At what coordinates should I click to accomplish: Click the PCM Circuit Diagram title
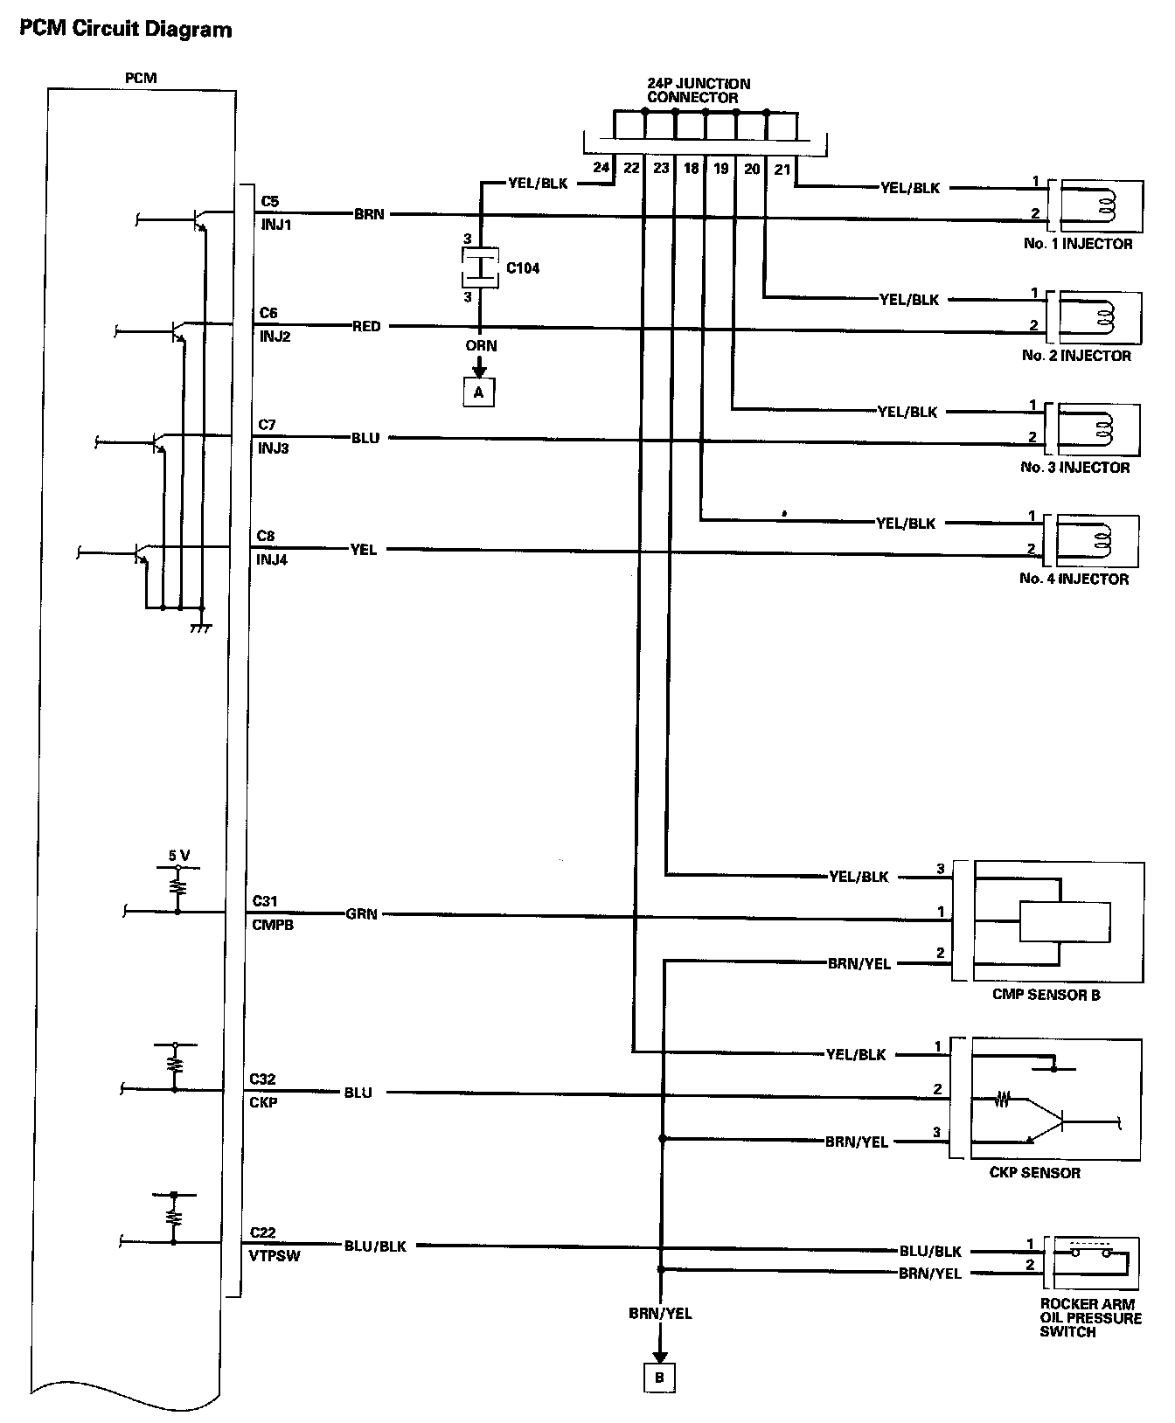(125, 29)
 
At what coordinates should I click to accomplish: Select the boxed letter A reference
(478, 392)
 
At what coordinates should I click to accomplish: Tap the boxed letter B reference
(659, 1378)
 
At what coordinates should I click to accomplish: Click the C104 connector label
(523, 267)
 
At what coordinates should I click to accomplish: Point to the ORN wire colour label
(481, 345)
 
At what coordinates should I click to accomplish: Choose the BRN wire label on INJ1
(369, 213)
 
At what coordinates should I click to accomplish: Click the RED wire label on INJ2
(366, 326)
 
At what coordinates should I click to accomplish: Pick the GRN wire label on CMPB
(362, 914)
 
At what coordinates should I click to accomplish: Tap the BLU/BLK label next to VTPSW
(375, 1246)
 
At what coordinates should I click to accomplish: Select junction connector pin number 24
(600, 168)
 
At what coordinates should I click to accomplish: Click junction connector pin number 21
(782, 168)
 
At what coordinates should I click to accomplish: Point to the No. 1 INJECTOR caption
(1078, 244)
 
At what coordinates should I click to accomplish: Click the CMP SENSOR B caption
(1046, 994)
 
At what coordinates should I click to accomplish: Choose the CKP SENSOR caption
(1035, 1172)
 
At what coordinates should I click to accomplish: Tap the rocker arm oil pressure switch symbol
(1092, 1260)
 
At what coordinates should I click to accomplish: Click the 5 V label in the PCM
(179, 856)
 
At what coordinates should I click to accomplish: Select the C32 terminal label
(263, 1079)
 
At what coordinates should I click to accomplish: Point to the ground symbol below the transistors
(201, 628)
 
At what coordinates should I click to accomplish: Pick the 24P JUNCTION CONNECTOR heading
(692, 91)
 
